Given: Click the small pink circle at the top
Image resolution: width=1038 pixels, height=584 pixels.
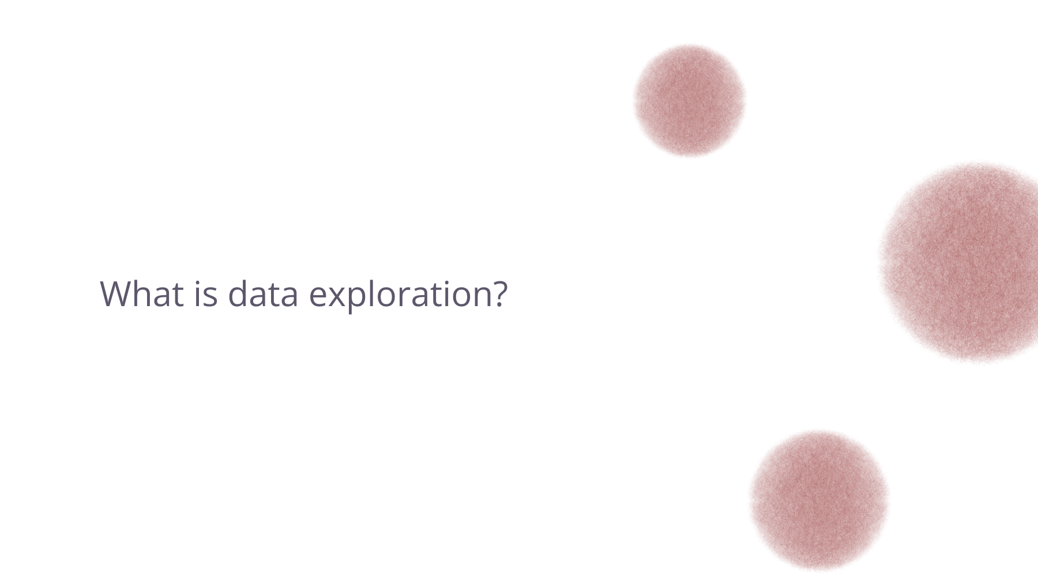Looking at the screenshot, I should click(689, 100).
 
